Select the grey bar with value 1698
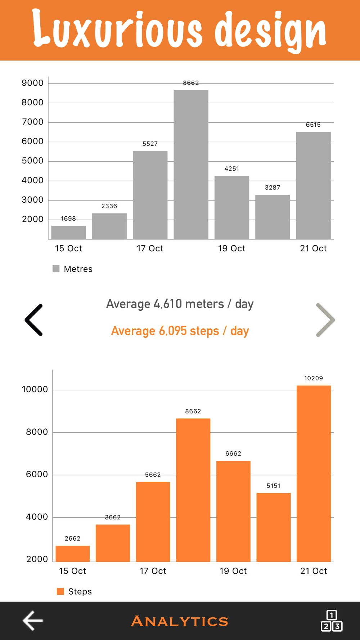(68, 232)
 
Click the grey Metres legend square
(56, 269)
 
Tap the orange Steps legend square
(60, 591)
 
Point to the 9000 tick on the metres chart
(32, 83)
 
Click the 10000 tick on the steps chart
(35, 389)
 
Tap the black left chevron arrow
(34, 320)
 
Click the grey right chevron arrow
(325, 320)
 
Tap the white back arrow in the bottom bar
(33, 621)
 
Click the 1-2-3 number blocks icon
(331, 621)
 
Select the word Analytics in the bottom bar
(180, 621)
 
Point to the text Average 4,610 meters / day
(180, 304)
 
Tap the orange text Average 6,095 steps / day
(180, 331)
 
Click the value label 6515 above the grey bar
(313, 125)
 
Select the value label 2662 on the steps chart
(72, 538)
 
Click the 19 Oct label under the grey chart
(231, 248)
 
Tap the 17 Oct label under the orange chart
(153, 571)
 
